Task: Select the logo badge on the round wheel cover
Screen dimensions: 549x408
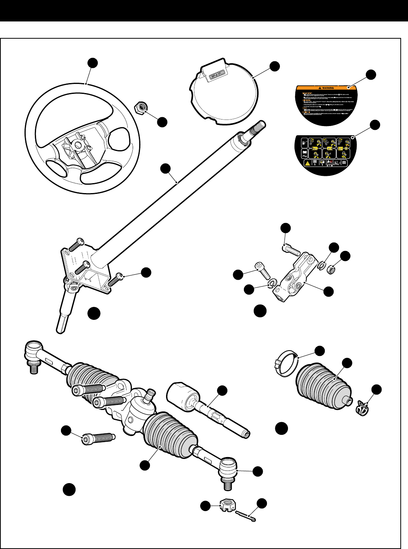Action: click(x=216, y=76)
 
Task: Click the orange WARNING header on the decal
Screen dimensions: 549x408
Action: click(x=326, y=88)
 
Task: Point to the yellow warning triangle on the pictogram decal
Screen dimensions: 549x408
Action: click(x=308, y=164)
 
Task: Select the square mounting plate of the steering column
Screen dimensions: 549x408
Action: click(x=87, y=268)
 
